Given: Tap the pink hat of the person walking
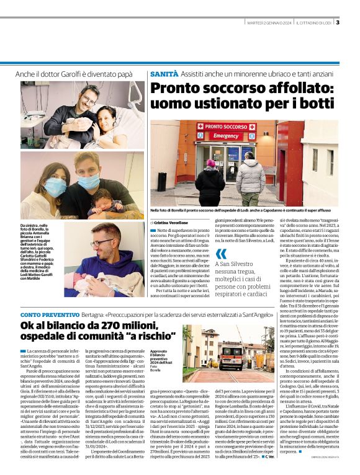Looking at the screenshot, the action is click(210, 163).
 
